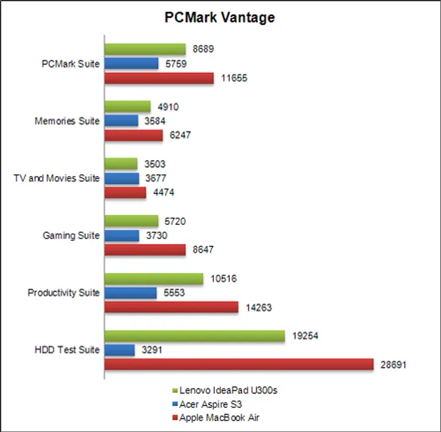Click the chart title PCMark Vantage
219,18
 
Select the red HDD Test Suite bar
239,364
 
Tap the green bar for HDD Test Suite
195,336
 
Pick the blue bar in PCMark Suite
132,63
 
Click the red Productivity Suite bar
171,307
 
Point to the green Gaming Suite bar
132,221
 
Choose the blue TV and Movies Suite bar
122,179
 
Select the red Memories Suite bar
134,135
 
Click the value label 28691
393,364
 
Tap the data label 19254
305,336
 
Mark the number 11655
233,78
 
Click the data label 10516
223,279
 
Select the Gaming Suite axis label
71,236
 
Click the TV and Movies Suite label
56,179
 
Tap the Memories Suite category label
67,121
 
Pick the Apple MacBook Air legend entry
214,417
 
